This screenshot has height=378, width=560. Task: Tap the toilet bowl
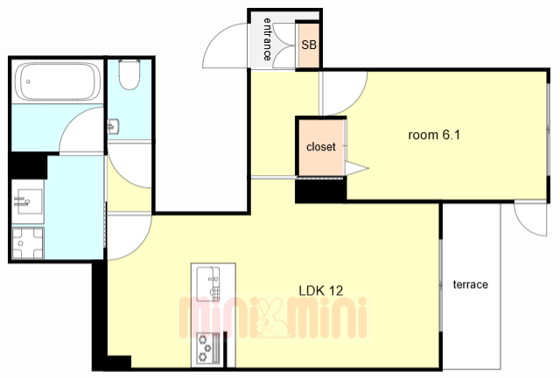pos(129,74)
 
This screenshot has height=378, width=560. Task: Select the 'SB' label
pos(309,45)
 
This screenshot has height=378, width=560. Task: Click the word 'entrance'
pos(268,39)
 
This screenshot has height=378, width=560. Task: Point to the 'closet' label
pos(321,146)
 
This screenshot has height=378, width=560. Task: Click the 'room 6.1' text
pos(434,135)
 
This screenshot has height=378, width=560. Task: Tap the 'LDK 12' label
pos(321,290)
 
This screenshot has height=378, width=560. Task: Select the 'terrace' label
pos(471,284)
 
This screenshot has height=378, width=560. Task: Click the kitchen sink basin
pos(208,283)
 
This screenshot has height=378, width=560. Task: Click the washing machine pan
pos(28,243)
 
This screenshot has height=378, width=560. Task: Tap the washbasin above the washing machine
pos(28,201)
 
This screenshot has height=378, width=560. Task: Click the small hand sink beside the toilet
pos(113,127)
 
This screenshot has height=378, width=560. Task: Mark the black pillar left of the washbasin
pos(29,165)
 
